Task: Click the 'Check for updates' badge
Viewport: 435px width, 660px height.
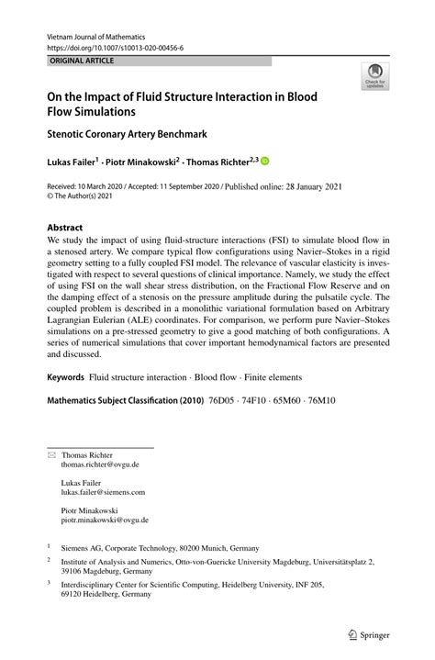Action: [x=374, y=76]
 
